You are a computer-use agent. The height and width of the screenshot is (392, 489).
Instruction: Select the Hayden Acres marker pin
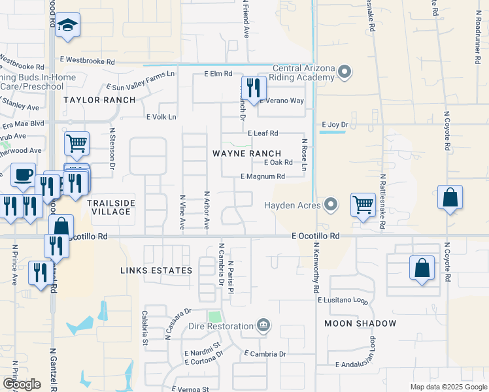[331, 205]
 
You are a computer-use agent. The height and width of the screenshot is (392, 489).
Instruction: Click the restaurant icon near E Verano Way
[253, 88]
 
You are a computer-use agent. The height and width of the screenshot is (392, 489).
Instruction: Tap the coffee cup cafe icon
[24, 175]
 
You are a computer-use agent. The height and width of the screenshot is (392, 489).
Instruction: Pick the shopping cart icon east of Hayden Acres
[363, 204]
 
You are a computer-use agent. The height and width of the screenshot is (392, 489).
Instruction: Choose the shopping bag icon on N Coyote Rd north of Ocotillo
[450, 198]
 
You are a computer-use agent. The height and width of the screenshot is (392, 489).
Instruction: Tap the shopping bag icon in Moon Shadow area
[422, 268]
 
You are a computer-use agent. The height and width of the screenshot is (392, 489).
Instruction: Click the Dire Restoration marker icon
[263, 325]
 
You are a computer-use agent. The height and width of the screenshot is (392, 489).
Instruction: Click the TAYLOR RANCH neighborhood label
[99, 100]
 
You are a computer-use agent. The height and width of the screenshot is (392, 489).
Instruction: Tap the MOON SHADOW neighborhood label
[360, 323]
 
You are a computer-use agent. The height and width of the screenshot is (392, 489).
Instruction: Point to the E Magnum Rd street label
[263, 176]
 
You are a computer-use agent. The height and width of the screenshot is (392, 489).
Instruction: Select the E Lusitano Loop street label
[343, 300]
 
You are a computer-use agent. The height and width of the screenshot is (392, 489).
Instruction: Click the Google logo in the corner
[22, 384]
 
